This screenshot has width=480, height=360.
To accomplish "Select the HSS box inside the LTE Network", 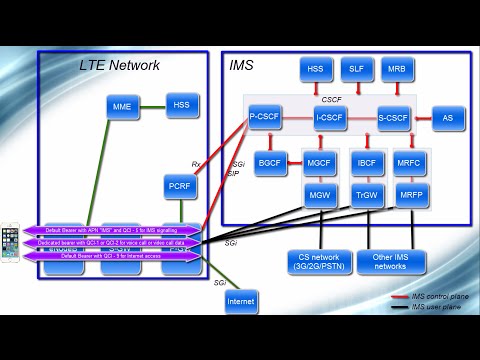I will tap(181, 104).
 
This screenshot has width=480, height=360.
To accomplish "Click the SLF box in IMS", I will tap(356, 69).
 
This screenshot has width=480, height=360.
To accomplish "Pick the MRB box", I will tap(396, 69).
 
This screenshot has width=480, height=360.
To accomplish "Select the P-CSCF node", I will tap(265, 117).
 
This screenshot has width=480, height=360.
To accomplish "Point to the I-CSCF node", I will tap(330, 118).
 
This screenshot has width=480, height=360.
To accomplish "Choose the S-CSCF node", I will tap(394, 118).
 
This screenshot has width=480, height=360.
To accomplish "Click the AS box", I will tap(447, 118).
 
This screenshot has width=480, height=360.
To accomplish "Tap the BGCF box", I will tap(270, 162).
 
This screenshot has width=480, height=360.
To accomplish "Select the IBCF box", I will tap(367, 162).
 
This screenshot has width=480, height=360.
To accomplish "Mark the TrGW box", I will tap(367, 195).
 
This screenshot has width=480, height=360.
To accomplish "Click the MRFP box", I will tap(411, 195).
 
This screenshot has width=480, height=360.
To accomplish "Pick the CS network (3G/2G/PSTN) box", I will tap(318, 262).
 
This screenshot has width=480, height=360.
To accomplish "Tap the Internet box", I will tap(241, 301).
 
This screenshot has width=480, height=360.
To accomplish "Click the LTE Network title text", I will tap(119, 65).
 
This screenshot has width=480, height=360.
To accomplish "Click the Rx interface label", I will tap(196, 164).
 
